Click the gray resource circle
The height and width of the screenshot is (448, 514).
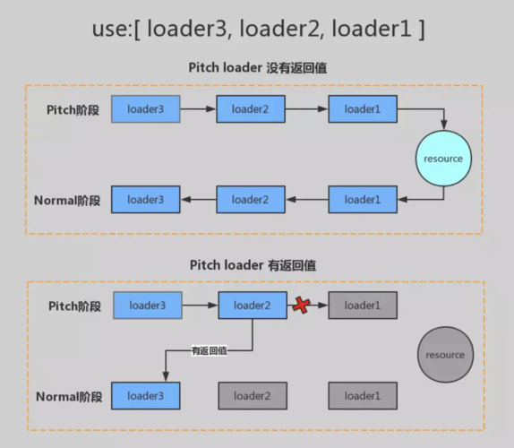pyautogui.click(x=445, y=354)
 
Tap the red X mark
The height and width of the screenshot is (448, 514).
pyautogui.click(x=301, y=306)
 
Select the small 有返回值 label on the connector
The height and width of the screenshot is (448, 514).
pyautogui.click(x=209, y=350)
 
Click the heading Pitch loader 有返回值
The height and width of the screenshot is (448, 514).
pyautogui.click(x=252, y=265)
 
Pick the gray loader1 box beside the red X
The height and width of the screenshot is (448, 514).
pyautogui.click(x=363, y=306)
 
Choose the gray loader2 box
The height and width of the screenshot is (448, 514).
pyautogui.click(x=252, y=395)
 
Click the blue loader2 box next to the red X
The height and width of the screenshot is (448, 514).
pyautogui.click(x=252, y=306)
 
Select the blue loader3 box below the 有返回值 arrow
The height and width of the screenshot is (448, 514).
pyautogui.click(x=146, y=395)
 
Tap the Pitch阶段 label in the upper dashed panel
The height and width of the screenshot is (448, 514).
pyautogui.click(x=74, y=109)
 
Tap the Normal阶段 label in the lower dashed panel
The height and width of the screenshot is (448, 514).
pyautogui.click(x=69, y=396)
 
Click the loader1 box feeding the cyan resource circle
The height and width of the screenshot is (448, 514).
pyautogui.click(x=363, y=109)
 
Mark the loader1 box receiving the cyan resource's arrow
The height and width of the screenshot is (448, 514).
pyautogui.click(x=363, y=199)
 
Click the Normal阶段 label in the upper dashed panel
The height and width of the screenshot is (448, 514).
pyautogui.click(x=69, y=200)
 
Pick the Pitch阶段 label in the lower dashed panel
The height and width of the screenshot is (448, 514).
pyautogui.click(x=74, y=306)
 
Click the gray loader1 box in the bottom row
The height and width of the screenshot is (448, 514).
pyautogui.click(x=363, y=395)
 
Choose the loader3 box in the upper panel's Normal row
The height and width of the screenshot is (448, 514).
pyautogui.click(x=146, y=199)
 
